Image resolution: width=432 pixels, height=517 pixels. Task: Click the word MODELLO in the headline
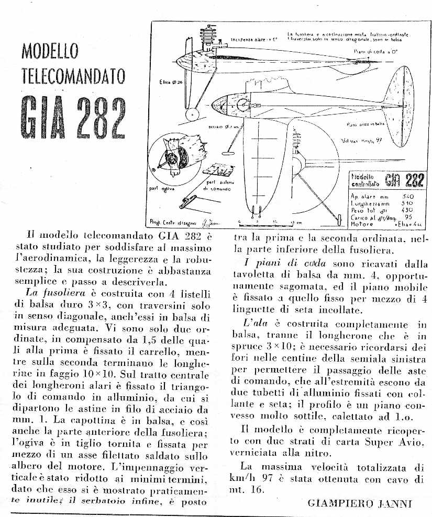tap(50, 52)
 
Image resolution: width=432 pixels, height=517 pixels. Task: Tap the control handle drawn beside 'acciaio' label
tap(229, 152)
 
